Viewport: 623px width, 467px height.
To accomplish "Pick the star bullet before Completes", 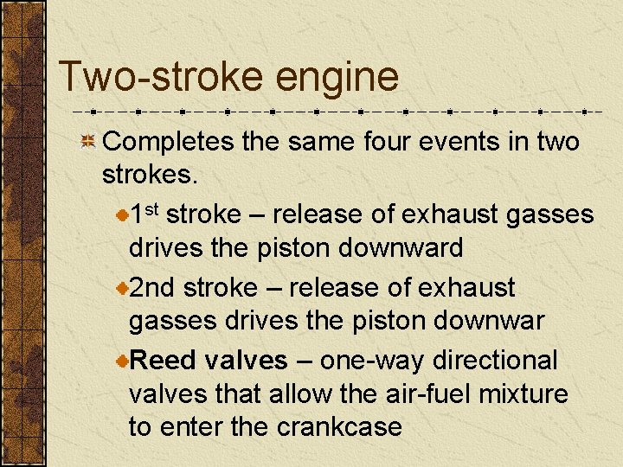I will click(87, 142).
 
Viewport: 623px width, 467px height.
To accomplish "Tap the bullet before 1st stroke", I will click(122, 214).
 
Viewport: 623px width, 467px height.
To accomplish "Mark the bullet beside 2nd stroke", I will click(122, 288).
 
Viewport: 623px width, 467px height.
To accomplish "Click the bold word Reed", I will click(164, 359).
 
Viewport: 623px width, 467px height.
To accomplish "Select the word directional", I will click(496, 359).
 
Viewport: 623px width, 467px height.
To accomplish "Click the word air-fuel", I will click(410, 394).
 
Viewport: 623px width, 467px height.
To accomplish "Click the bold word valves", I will click(247, 359).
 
